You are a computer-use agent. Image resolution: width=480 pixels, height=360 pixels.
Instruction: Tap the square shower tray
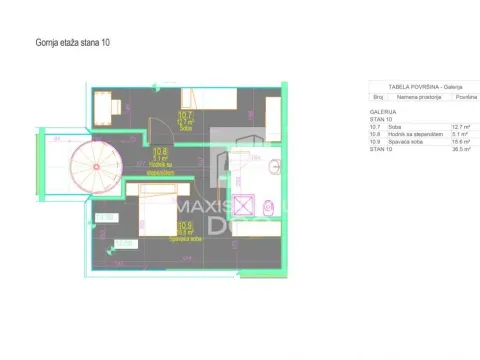[243, 208]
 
